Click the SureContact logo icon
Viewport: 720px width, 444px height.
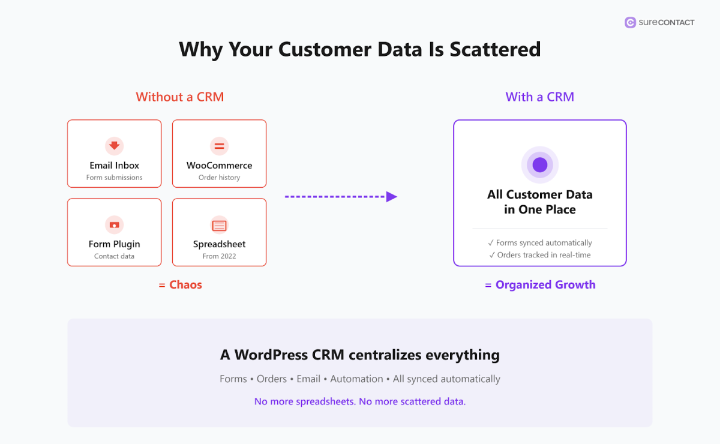click(630, 23)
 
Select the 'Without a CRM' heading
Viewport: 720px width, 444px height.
click(180, 97)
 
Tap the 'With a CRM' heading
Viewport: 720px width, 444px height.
click(540, 97)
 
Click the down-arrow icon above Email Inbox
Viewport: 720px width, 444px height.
click(114, 145)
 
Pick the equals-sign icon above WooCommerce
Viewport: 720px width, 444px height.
click(219, 145)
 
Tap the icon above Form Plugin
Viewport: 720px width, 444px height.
click(114, 225)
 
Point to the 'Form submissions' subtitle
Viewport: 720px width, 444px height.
click(114, 178)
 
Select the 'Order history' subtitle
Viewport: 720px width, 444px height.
click(219, 178)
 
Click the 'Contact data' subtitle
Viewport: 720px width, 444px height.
click(114, 256)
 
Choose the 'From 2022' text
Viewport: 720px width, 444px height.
click(219, 256)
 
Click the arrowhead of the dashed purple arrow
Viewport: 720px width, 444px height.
click(392, 196)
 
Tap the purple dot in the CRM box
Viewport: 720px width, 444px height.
click(540, 164)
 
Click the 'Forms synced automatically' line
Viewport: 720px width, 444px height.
click(540, 243)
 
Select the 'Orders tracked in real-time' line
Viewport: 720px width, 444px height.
click(540, 255)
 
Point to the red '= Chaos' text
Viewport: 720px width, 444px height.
click(181, 285)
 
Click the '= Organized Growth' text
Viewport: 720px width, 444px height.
click(540, 285)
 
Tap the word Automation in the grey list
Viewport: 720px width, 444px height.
click(356, 379)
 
